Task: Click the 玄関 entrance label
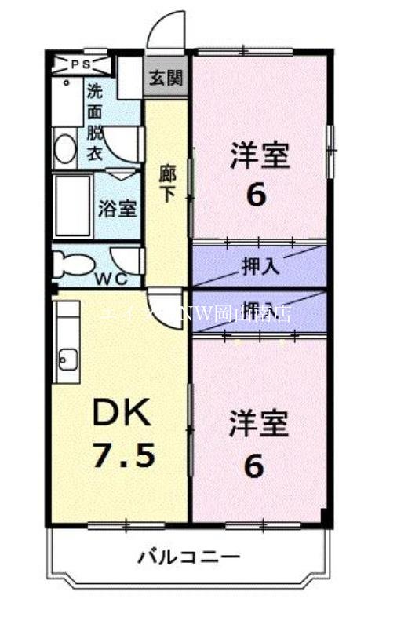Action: click(166, 77)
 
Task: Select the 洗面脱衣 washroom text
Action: click(94, 122)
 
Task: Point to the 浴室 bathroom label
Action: click(118, 209)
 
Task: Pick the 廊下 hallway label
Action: click(166, 183)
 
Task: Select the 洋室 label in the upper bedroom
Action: click(260, 155)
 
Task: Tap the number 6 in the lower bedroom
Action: click(253, 466)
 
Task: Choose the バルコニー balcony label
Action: click(189, 557)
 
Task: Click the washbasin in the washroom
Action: click(65, 148)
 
